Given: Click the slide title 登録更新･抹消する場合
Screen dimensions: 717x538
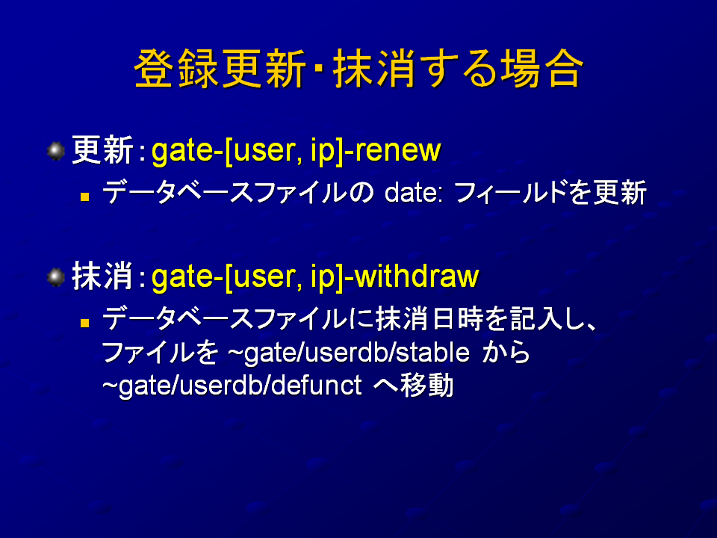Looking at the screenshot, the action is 359,69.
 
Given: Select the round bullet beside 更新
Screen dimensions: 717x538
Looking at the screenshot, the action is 56,151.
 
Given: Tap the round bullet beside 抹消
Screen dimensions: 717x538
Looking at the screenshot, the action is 56,277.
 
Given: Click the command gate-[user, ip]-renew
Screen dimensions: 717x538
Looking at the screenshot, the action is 296,151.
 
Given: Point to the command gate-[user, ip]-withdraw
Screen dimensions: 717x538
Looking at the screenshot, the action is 315,277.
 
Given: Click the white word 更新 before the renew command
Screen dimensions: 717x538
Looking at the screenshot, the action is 102,150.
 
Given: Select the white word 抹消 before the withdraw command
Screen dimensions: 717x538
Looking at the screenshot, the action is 102,276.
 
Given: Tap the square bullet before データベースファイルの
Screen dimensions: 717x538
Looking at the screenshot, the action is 84,197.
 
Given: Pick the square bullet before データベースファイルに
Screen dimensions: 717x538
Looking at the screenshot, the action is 84,323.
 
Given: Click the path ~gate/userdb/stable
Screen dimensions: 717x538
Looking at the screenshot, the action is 349,353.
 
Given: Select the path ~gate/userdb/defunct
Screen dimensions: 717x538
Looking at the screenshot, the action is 232,386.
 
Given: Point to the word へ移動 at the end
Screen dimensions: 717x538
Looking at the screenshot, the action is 413,386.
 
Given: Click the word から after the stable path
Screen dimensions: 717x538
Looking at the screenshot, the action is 506,353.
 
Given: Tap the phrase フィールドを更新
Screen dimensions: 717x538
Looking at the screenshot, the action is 550,193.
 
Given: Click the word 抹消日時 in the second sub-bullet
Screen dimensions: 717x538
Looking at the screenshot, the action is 429,319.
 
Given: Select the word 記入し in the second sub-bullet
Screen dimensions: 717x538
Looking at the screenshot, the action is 545,319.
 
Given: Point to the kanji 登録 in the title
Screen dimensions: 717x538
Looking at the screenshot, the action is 176,69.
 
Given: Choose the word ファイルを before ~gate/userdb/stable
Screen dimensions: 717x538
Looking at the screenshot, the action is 160,353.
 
